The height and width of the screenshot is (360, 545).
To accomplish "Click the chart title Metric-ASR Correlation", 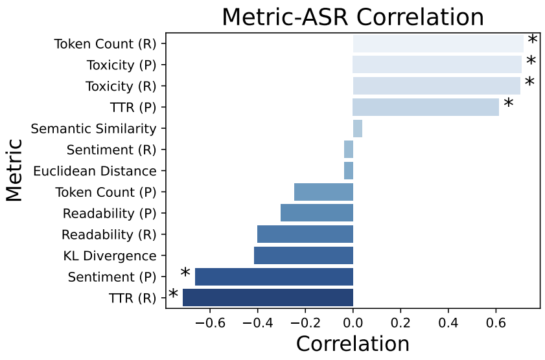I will click(353, 17).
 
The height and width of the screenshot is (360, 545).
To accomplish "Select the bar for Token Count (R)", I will click(438, 44).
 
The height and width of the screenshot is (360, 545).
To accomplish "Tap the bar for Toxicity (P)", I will click(437, 65).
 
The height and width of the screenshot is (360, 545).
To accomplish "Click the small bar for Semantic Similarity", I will click(358, 128).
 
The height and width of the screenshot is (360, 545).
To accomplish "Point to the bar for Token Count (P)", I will click(323, 192).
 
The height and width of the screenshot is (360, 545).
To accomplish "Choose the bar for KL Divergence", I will click(303, 255).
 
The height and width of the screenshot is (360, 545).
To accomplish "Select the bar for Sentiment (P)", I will click(273, 276).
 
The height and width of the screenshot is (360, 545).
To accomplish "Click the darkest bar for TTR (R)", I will click(268, 297).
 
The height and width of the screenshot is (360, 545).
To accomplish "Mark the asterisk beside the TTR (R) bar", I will click(174, 295).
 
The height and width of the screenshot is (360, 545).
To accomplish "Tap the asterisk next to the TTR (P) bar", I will click(509, 104).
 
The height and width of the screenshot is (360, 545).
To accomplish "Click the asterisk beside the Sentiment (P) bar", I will click(185, 274).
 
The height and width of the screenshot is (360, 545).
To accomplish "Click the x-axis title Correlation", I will click(353, 343).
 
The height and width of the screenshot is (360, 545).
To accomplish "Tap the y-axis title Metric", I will click(14, 170).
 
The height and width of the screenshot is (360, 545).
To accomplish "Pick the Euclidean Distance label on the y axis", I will click(95, 171).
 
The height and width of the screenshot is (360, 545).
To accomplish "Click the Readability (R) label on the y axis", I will click(110, 234).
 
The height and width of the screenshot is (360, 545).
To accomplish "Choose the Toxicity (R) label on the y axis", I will click(122, 86).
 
